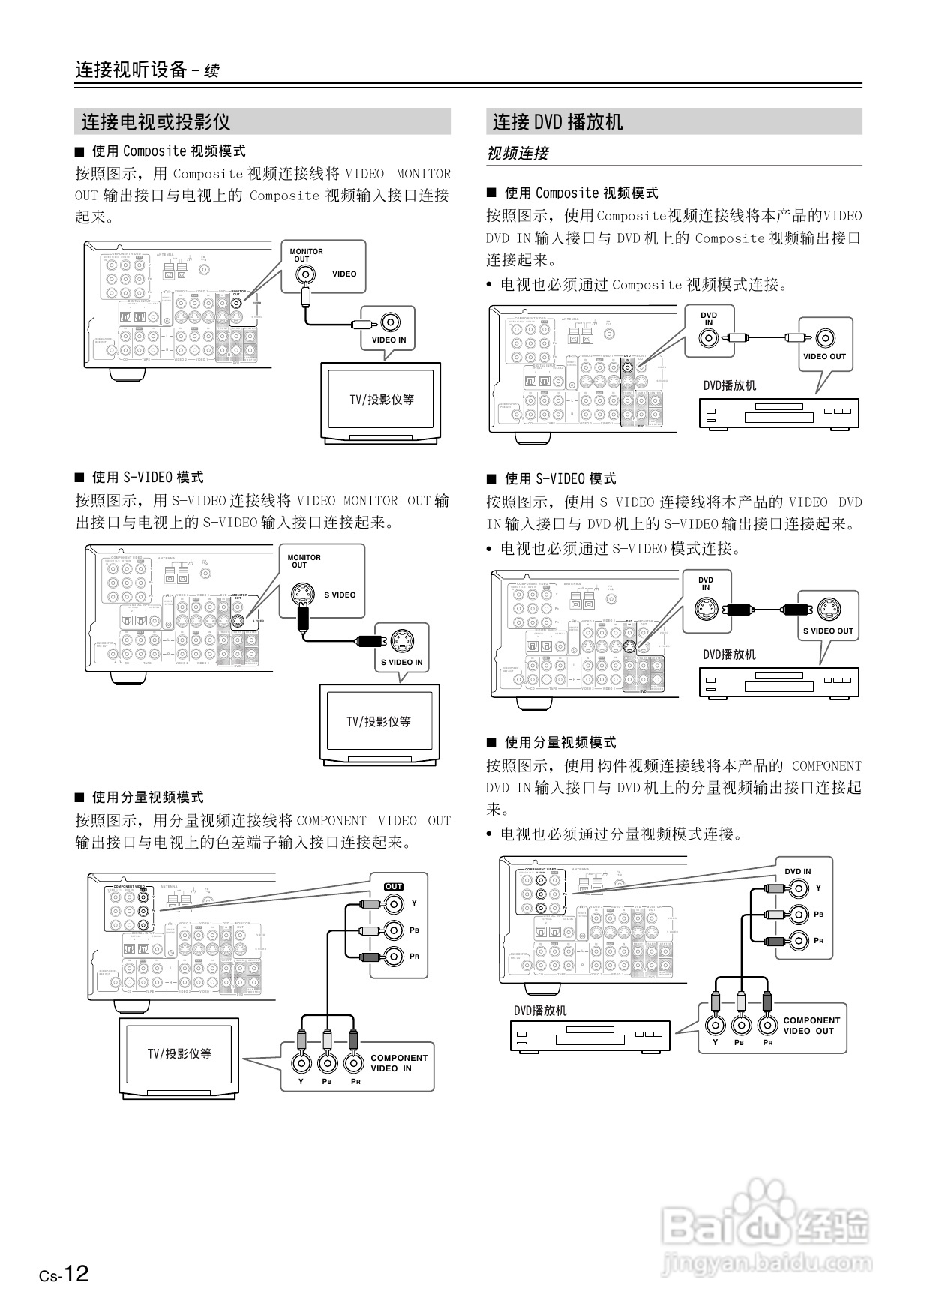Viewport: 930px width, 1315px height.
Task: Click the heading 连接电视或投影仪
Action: [155, 121]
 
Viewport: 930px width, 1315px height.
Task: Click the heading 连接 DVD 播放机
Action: [557, 121]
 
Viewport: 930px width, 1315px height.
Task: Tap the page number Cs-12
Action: [64, 1274]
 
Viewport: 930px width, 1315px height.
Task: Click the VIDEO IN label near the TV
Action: [388, 340]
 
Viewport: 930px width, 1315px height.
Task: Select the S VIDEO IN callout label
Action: [401, 662]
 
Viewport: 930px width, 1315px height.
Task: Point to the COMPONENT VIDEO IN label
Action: [398, 1063]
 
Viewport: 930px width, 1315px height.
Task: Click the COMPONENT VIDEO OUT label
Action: [811, 1026]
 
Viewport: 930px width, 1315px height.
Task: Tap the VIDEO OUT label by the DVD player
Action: [824, 356]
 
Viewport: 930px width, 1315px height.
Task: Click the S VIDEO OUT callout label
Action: [828, 631]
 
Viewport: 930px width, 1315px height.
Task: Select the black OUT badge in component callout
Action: [394, 887]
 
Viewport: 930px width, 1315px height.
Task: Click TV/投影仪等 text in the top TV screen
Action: [381, 400]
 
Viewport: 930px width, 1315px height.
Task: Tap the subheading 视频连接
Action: [517, 154]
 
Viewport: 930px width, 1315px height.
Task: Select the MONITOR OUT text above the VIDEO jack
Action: [306, 255]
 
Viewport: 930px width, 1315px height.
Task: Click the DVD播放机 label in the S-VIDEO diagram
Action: [729, 655]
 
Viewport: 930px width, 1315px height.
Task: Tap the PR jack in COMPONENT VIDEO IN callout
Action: [354, 1062]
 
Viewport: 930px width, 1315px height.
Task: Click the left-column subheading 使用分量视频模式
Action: [147, 797]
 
